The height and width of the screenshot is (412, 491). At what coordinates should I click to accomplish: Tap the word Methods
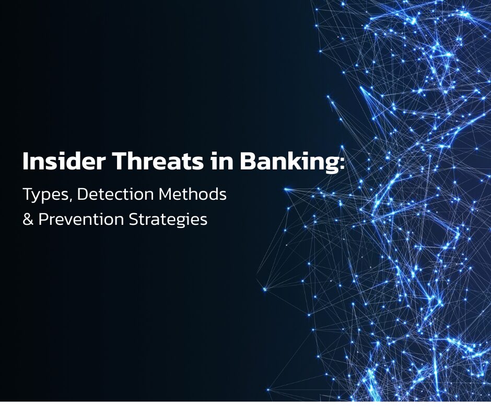(x=193, y=194)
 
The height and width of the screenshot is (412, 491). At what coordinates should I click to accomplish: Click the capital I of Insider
(x=26, y=163)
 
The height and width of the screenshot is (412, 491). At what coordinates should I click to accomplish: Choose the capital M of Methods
(x=168, y=194)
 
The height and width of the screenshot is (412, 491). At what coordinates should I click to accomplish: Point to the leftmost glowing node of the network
(x=265, y=289)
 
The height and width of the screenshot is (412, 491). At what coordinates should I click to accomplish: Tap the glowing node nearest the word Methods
(x=286, y=189)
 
